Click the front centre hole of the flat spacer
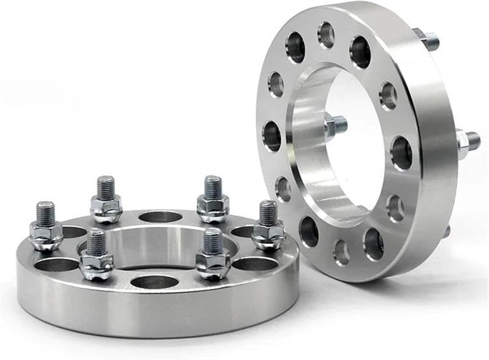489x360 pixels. [x=153, y=282]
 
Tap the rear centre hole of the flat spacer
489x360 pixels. [x=160, y=217]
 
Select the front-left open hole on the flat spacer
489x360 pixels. [x=56, y=265]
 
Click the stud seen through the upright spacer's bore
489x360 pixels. [x=336, y=126]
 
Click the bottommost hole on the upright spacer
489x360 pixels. [x=341, y=251]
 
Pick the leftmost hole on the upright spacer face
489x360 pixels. [x=272, y=136]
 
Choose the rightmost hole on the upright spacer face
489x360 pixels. [x=401, y=153]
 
